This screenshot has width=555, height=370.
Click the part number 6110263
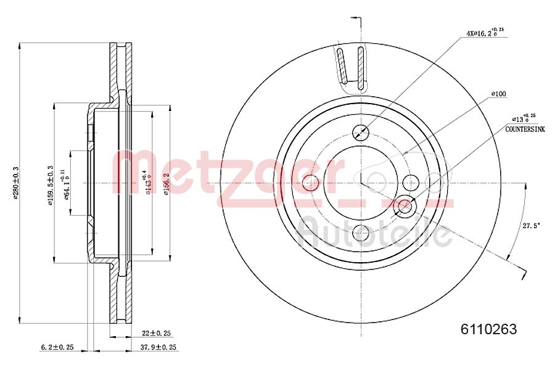pos(488,329)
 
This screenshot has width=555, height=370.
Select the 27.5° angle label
pos(532,226)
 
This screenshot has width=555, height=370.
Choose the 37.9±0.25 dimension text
pos(160,347)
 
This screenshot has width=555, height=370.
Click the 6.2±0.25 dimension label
pos(57,347)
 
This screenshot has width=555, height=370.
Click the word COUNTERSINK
pos(525,130)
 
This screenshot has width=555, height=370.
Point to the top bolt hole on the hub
pos(361,131)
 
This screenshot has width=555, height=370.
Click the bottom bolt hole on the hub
pos(361,232)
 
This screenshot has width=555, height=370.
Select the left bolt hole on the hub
pos(311,182)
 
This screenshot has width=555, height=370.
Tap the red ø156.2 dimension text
pos(165,184)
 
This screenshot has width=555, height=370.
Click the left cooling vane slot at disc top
pos(340,65)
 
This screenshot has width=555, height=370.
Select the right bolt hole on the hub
pos(411,182)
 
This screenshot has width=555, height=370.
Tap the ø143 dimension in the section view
pos(148,183)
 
